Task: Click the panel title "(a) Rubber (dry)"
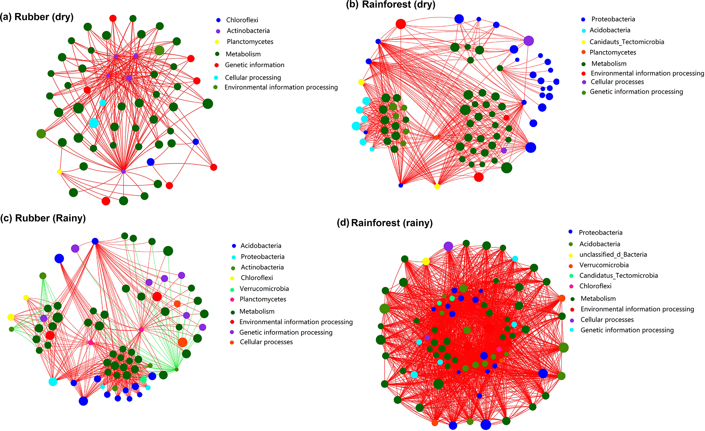click(x=37, y=17)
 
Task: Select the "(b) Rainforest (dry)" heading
click(x=391, y=4)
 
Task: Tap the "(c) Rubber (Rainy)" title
click(x=43, y=218)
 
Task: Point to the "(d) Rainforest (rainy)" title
click(x=385, y=223)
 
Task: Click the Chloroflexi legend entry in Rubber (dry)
click(x=242, y=20)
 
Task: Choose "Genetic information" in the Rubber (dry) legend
click(x=254, y=65)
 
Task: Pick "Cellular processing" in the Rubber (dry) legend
click(x=253, y=78)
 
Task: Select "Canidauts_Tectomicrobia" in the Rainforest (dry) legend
click(x=627, y=42)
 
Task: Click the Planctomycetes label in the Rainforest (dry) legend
click(x=613, y=52)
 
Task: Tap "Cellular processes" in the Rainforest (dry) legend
click(x=617, y=82)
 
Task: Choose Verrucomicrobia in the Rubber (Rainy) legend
click(x=264, y=289)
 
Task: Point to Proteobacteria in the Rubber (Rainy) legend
click(x=262, y=257)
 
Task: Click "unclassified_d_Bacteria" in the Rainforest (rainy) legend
click(x=613, y=255)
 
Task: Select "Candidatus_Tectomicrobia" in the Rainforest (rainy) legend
click(x=618, y=276)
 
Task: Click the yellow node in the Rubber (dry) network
click(x=60, y=172)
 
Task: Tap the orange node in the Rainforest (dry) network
click(x=436, y=137)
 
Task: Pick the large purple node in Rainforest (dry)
click(x=528, y=41)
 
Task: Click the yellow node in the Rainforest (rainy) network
click(x=426, y=261)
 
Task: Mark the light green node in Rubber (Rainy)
click(x=143, y=380)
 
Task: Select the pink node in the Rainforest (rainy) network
click(x=499, y=349)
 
